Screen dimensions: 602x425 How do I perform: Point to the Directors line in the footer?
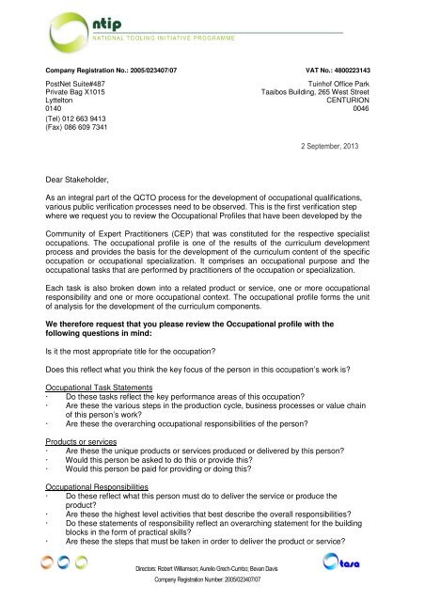pos(212,571)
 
